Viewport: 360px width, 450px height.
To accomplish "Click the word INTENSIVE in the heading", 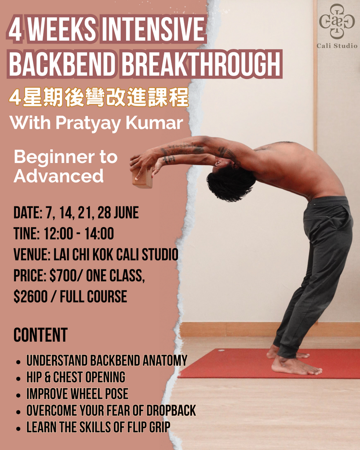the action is click(x=153, y=29).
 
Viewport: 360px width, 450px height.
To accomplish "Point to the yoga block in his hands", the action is click(x=142, y=178).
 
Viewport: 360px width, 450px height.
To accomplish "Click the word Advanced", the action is click(x=58, y=176).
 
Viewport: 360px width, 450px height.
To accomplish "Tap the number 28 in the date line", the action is click(x=104, y=213).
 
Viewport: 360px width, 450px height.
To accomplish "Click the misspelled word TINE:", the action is click(x=26, y=234).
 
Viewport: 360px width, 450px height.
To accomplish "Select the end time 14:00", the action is click(x=99, y=234).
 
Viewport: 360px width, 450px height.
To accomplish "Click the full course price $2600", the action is click(x=30, y=297).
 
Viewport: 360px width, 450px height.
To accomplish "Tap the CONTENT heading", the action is click(x=40, y=335).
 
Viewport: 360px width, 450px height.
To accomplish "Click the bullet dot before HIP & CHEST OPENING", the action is click(x=18, y=379).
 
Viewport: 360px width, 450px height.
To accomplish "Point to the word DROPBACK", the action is click(x=171, y=410).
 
